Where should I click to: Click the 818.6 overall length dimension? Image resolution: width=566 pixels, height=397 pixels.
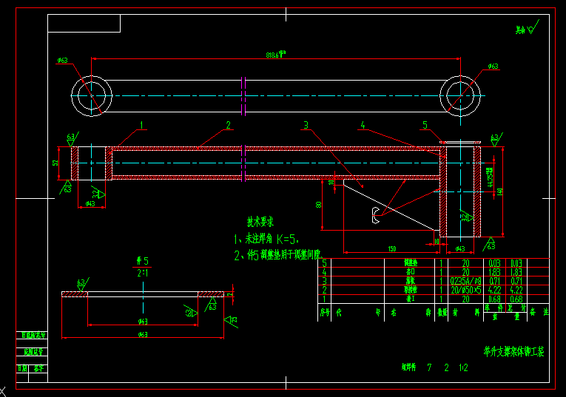tap(275, 55)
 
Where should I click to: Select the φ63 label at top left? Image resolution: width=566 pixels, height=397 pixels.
tap(62, 61)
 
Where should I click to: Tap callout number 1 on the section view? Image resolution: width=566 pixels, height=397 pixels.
tap(141, 125)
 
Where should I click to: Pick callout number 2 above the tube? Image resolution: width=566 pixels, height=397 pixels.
tap(229, 125)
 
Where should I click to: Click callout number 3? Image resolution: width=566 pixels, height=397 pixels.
tap(305, 125)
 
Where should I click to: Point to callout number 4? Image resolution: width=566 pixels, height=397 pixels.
tap(363, 125)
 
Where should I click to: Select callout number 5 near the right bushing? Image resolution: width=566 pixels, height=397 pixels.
tap(425, 125)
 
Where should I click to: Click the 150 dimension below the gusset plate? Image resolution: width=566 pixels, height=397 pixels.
tap(391, 248)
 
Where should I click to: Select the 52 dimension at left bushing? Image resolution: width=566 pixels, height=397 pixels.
tap(55, 163)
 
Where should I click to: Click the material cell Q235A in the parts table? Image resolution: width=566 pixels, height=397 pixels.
tap(465, 281)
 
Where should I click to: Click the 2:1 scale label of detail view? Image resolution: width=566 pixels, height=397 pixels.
tap(142, 272)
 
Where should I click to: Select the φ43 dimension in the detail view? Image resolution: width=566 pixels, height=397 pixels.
tap(143, 321)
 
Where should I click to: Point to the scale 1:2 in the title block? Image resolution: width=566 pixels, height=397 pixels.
tap(463, 367)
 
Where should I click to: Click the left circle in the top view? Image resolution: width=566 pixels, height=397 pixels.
tap(92, 95)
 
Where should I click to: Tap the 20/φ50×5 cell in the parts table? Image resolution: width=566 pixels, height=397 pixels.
tap(465, 290)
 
